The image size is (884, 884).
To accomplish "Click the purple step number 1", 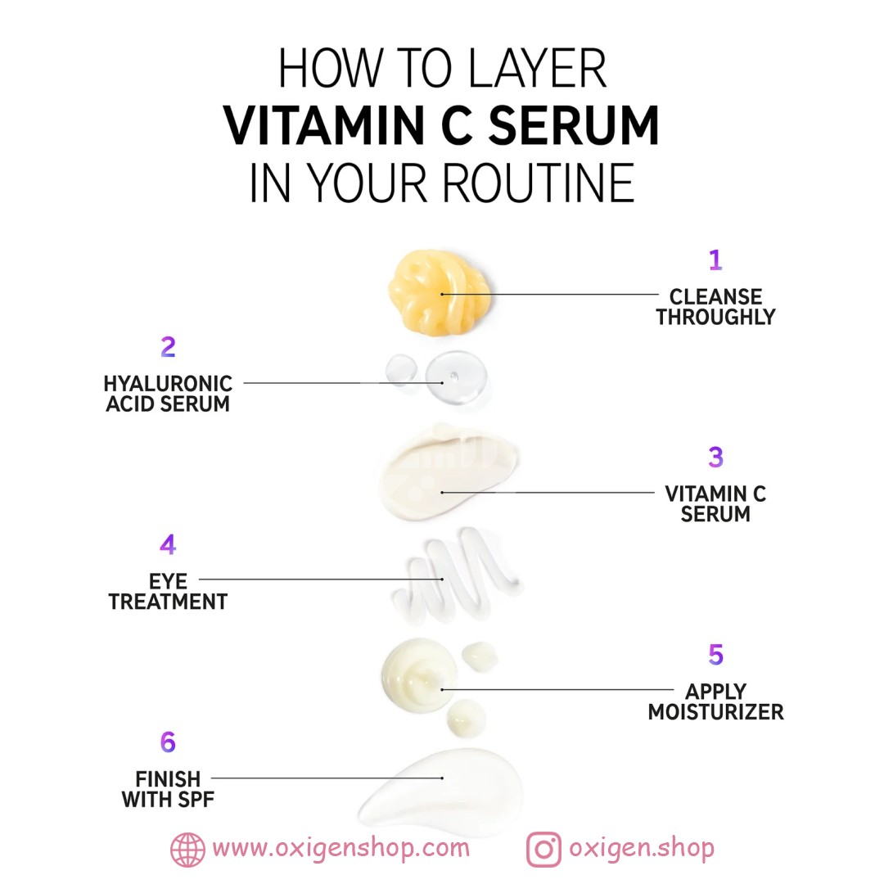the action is (x=715, y=259).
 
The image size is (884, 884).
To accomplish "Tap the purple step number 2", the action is (x=168, y=347).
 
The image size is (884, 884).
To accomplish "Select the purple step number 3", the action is (x=715, y=458).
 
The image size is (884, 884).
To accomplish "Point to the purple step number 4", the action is (x=168, y=544).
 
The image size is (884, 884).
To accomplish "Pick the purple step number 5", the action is (x=715, y=655).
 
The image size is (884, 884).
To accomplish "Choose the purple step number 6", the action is (x=168, y=742).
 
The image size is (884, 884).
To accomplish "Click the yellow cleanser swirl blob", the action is (x=440, y=292).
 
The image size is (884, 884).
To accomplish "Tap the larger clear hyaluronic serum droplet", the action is (x=456, y=377).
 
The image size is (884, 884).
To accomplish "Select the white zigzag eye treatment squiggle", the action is (x=457, y=575).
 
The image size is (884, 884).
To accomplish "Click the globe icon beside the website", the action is (x=187, y=850).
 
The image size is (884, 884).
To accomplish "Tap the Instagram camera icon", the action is (x=543, y=850).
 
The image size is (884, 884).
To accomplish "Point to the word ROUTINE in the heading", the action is (x=539, y=183).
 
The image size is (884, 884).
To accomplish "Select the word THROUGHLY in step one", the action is (x=715, y=317).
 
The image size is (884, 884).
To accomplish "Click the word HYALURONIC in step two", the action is (x=168, y=383).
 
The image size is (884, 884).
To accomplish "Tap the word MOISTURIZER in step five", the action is (x=715, y=712).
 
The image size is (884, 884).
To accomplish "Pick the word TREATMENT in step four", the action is (x=168, y=602).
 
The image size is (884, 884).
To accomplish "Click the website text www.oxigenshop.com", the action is (x=341, y=849).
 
